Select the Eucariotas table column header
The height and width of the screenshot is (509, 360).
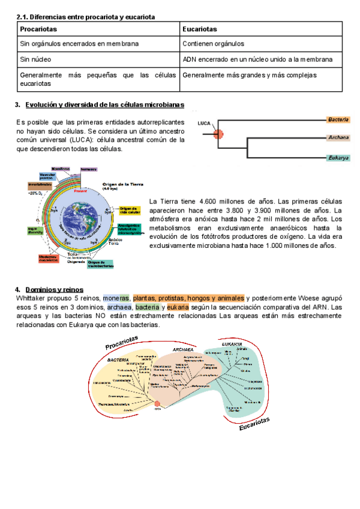[200, 29]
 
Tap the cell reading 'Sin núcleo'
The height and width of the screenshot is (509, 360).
[36, 59]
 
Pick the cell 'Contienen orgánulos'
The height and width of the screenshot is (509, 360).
[214, 44]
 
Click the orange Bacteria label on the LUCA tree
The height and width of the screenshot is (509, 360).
[338, 120]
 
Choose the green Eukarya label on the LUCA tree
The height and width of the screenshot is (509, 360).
[338, 158]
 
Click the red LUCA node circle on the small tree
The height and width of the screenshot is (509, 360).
[218, 135]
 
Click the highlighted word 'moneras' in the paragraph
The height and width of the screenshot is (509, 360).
[116, 298]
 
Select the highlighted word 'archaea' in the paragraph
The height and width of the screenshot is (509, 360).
[120, 307]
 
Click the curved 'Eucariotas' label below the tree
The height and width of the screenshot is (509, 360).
[254, 424]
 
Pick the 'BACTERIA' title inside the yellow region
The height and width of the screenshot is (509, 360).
[118, 360]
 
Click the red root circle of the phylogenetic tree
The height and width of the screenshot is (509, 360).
[157, 405]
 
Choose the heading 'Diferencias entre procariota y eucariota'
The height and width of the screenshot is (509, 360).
[91, 17]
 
